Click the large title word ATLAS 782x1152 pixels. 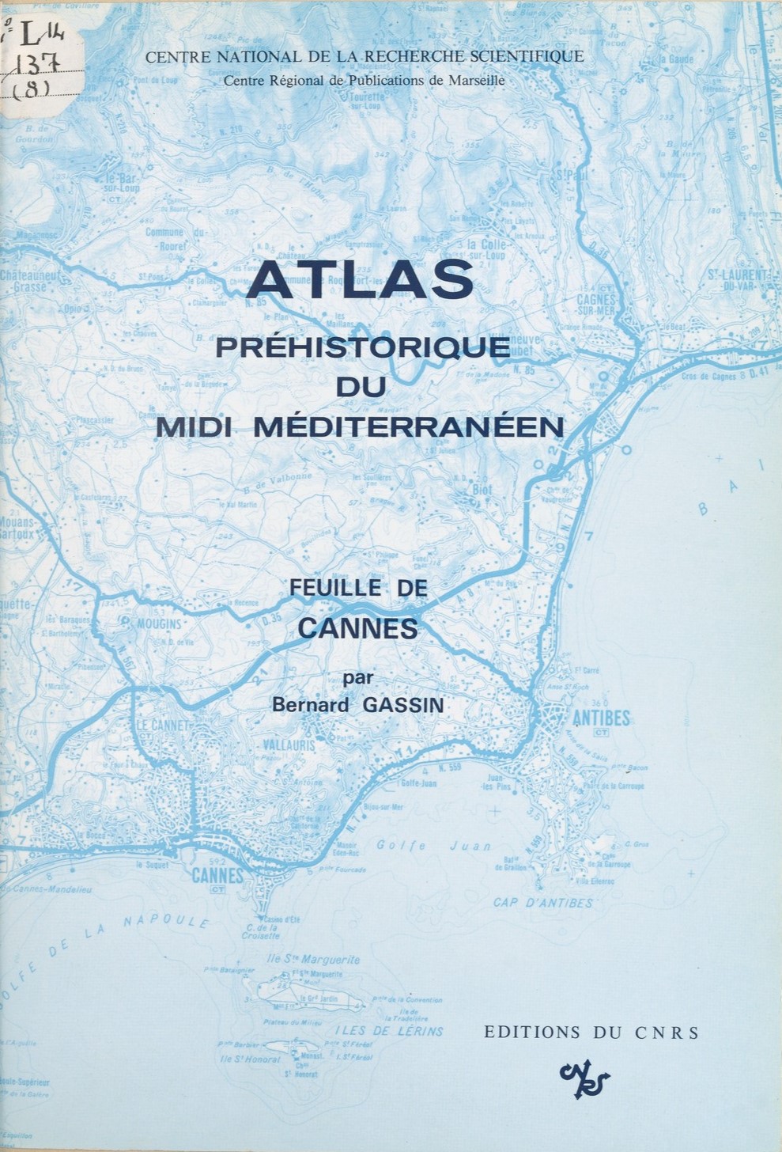tap(364, 281)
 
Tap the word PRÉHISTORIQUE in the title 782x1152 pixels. tap(364, 348)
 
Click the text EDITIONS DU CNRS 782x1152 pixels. tap(591, 1032)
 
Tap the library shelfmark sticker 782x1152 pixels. tap(24, 59)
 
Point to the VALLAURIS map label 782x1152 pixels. tap(289, 745)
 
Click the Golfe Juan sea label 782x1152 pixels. tap(433, 846)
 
